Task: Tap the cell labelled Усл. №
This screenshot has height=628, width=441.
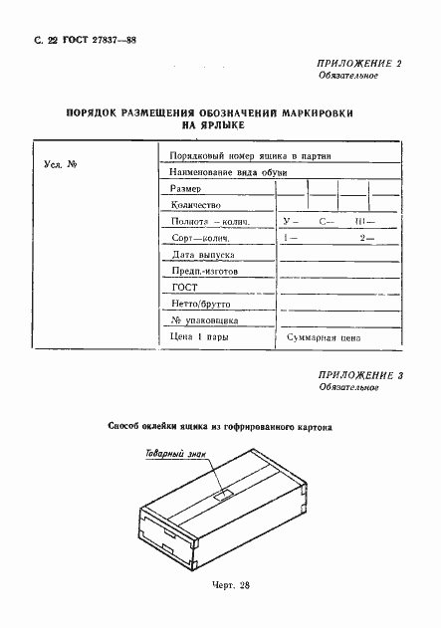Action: coord(62,163)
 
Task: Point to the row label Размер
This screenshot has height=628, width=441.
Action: coord(185,188)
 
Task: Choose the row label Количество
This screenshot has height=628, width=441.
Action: coord(197,205)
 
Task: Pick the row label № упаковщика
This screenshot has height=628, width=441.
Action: coord(204,320)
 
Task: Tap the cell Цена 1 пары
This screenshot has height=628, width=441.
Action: coord(200,338)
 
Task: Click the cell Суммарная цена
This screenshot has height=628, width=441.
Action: coord(322,338)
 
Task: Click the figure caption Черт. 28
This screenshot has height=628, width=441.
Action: coord(223,584)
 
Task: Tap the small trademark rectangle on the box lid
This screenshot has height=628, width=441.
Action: coord(223,492)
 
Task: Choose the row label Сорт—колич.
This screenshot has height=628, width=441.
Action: coord(200,238)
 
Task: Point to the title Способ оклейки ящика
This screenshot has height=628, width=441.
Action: coord(220,428)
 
